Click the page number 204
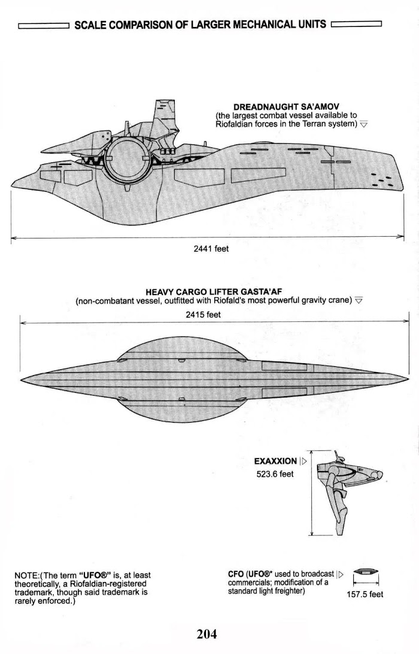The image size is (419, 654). coord(207,634)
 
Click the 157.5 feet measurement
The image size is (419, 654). coord(365,595)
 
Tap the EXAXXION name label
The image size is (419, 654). coord(275,461)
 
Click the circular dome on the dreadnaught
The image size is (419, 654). coord(126,161)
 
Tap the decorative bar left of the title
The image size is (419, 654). coord(44,26)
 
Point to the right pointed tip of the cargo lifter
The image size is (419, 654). coord(407,379)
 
